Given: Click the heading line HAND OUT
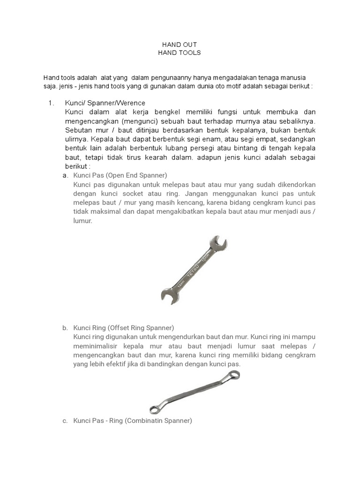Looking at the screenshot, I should [180, 45].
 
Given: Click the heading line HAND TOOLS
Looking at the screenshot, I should [180, 52].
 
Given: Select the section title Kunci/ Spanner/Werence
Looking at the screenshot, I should [105, 103].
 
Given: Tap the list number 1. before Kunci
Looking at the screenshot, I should [52, 103].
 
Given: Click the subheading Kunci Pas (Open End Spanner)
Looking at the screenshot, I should [120, 175].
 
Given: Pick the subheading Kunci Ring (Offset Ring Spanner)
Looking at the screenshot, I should [124, 328].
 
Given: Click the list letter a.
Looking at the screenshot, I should [65, 175].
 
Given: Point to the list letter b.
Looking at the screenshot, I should [65, 328].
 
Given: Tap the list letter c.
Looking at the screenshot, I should [65, 421].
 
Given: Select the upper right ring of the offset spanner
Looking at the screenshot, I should [232, 375].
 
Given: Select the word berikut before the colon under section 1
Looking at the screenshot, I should [76, 166].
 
